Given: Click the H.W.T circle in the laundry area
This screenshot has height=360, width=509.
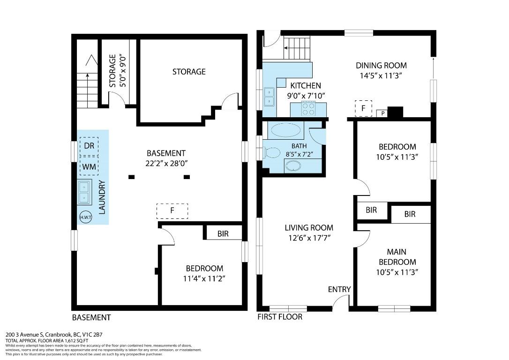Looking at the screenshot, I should click(86, 217).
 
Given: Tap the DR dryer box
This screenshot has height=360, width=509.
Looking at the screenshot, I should click(89, 146).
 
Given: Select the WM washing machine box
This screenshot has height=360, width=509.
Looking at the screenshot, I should click(89, 166).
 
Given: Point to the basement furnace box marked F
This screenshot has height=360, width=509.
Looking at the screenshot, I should click(172, 211).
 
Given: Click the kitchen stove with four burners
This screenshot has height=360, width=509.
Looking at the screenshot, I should click(308, 109).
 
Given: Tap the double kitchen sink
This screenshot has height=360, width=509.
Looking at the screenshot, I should click(269, 97).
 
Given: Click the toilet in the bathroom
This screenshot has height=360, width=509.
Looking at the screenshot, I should click(271, 153).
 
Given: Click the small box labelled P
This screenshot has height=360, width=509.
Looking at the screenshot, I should click(382, 113).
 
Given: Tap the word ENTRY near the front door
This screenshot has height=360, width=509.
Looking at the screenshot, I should click(339, 289).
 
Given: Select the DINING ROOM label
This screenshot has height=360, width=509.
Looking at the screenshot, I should click(381, 66).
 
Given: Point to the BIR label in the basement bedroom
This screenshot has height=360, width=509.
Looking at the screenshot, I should click(223, 233).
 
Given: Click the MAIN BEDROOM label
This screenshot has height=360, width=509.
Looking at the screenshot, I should click(397, 257).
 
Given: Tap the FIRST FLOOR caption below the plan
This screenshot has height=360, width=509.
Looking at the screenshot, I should click(280, 317).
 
